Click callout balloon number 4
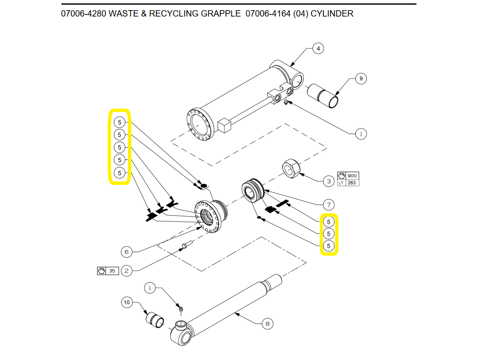tap(318, 49)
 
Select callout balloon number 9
tap(361, 78)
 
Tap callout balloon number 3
tap(329, 181)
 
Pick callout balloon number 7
tap(328, 205)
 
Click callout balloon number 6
tap(126, 252)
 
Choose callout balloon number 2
tap(126, 271)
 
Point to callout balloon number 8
tap(267, 324)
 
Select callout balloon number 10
tap(127, 302)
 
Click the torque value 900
tap(352, 176)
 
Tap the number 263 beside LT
tap(352, 183)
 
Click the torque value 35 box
tap(112, 271)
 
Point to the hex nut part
tap(291, 168)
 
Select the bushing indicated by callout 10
tap(155, 320)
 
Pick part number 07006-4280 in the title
tap(83, 14)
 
